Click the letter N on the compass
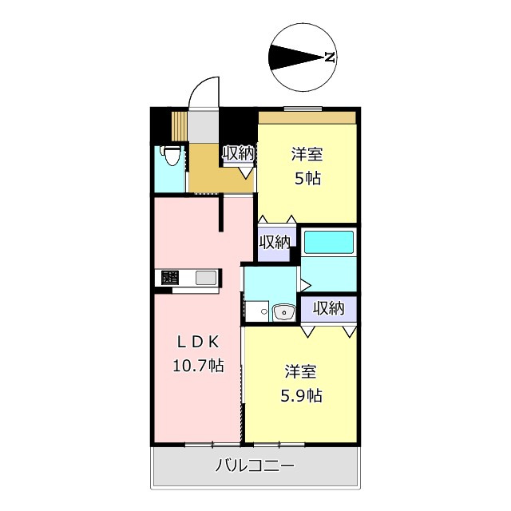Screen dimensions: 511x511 pos(328,57)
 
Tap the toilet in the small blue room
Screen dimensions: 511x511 pos(169,155)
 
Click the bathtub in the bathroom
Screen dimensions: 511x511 pos(329,241)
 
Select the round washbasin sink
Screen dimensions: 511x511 pos(280,313)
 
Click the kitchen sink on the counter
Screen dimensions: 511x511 pos(206,279)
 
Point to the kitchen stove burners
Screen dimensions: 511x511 pos(169,279)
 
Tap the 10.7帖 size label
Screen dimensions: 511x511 pos(197,366)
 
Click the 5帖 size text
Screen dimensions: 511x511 pos(307,178)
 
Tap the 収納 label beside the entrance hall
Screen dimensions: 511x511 pos(238,153)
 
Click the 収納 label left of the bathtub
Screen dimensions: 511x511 pos(275,242)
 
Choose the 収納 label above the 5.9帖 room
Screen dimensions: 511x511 pos(329,307)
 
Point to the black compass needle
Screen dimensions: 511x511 pos(295,57)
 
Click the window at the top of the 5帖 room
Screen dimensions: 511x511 pos(303,108)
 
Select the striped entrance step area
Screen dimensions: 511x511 pos(180,125)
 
